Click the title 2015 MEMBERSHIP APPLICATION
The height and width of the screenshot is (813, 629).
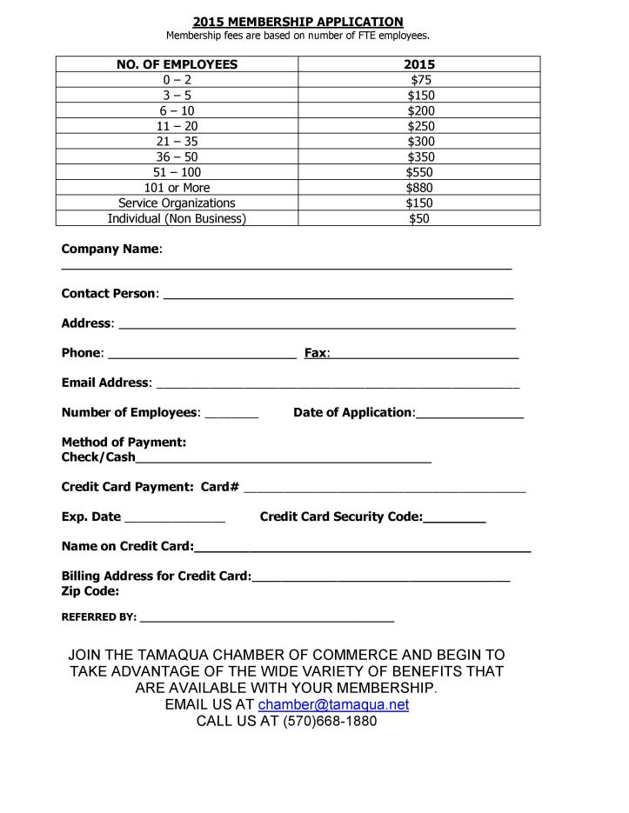(298, 22)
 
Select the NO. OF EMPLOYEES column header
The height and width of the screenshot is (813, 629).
(177, 64)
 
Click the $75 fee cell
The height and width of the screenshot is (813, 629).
(419, 80)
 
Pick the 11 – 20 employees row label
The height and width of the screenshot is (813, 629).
(177, 126)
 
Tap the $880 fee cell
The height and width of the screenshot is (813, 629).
(419, 188)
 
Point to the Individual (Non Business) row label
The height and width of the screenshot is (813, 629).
(177, 219)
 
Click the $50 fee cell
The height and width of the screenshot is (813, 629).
(419, 219)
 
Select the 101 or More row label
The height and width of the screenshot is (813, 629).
(177, 188)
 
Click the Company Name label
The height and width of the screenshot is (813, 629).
(110, 250)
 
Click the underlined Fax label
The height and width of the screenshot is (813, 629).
(316, 354)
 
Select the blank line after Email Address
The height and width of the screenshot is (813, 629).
(337, 383)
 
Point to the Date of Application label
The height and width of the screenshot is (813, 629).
(353, 413)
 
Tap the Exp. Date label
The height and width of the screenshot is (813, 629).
(91, 517)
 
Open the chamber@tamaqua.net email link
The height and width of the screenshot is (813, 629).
(333, 705)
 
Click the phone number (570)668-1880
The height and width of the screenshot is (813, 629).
(330, 722)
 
